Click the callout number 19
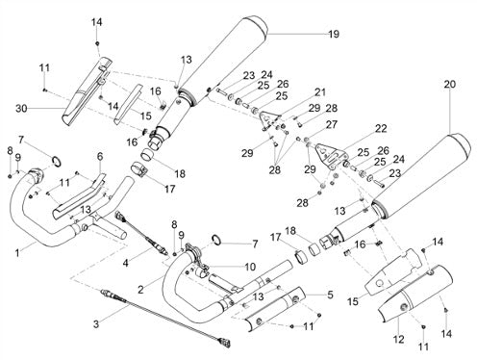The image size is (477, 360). click(x=334, y=34)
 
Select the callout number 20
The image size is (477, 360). click(x=449, y=84)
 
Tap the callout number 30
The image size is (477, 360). click(x=21, y=109)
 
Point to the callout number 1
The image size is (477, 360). click(x=17, y=253)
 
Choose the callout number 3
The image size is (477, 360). click(x=96, y=324)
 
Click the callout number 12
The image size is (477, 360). click(x=398, y=339)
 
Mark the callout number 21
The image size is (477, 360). click(x=319, y=92)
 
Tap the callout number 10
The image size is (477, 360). click(x=250, y=267)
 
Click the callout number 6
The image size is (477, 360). click(x=100, y=156)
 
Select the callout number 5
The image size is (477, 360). click(x=330, y=295)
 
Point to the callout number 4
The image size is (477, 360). click(x=125, y=263)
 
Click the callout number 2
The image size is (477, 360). click(x=140, y=290)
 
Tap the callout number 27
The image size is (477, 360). click(x=332, y=124)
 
